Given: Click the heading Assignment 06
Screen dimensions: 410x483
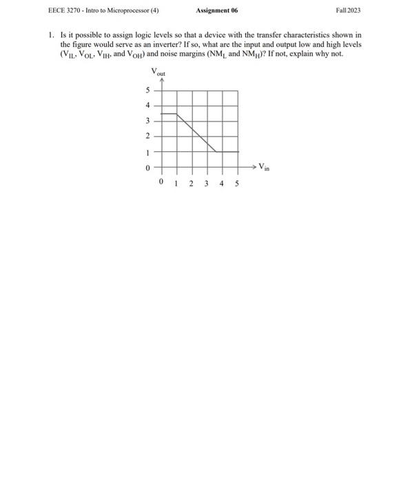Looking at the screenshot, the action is click(x=217, y=11).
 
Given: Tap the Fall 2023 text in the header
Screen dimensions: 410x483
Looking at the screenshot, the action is click(x=348, y=11).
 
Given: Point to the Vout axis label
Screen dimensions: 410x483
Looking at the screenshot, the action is click(x=158, y=72).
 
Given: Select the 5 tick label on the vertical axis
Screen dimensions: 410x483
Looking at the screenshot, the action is click(x=147, y=90).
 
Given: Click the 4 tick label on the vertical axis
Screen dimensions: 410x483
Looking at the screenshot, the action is click(x=147, y=106).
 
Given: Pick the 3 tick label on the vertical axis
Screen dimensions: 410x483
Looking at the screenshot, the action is click(x=147, y=121).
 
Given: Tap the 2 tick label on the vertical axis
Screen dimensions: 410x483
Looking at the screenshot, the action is click(x=147, y=136).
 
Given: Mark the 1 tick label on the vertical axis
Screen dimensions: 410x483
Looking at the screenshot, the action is click(x=147, y=151).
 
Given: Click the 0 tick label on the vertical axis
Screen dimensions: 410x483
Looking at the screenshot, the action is click(x=147, y=167).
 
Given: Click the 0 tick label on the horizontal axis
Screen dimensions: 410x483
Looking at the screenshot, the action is click(x=161, y=184).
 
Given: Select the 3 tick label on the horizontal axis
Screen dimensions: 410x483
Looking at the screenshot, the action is click(x=207, y=184).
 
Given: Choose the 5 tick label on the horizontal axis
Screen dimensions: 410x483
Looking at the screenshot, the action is click(x=237, y=184).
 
